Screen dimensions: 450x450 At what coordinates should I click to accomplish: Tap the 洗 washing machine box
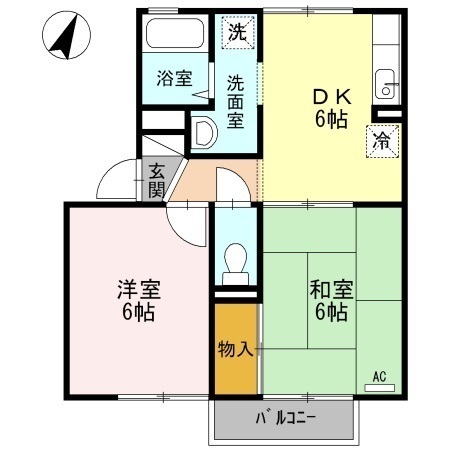click(x=236, y=32)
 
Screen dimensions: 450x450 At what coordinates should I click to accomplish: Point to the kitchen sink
click(x=385, y=85)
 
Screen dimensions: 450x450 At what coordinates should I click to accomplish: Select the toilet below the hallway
click(x=237, y=262)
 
